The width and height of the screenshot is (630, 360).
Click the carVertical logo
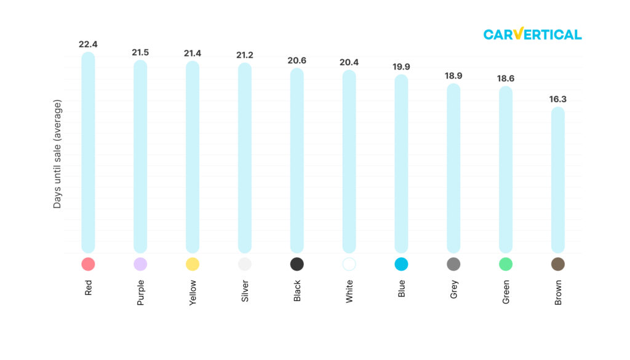pyautogui.click(x=532, y=34)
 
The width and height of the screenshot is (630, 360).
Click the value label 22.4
pyautogui.click(x=88, y=44)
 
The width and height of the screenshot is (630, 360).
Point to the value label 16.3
pyautogui.click(x=558, y=99)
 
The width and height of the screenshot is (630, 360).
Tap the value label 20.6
pyautogui.click(x=297, y=60)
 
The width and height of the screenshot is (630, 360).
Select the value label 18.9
pyautogui.click(x=453, y=76)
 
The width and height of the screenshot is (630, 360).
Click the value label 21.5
pyautogui.click(x=140, y=52)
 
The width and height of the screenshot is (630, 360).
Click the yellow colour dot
pyautogui.click(x=193, y=264)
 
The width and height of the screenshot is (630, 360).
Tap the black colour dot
pyautogui.click(x=297, y=264)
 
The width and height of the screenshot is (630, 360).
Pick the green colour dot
pyautogui.click(x=506, y=264)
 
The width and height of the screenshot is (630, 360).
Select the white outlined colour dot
pyautogui.click(x=349, y=264)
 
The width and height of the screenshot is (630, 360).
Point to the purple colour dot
pyautogui.click(x=140, y=264)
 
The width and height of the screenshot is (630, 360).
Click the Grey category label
pyautogui.click(x=454, y=289)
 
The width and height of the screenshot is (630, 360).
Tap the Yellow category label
pyautogui.click(x=193, y=292)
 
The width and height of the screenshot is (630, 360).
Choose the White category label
pyautogui.click(x=349, y=291)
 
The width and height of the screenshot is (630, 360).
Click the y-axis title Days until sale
pyautogui.click(x=57, y=153)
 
